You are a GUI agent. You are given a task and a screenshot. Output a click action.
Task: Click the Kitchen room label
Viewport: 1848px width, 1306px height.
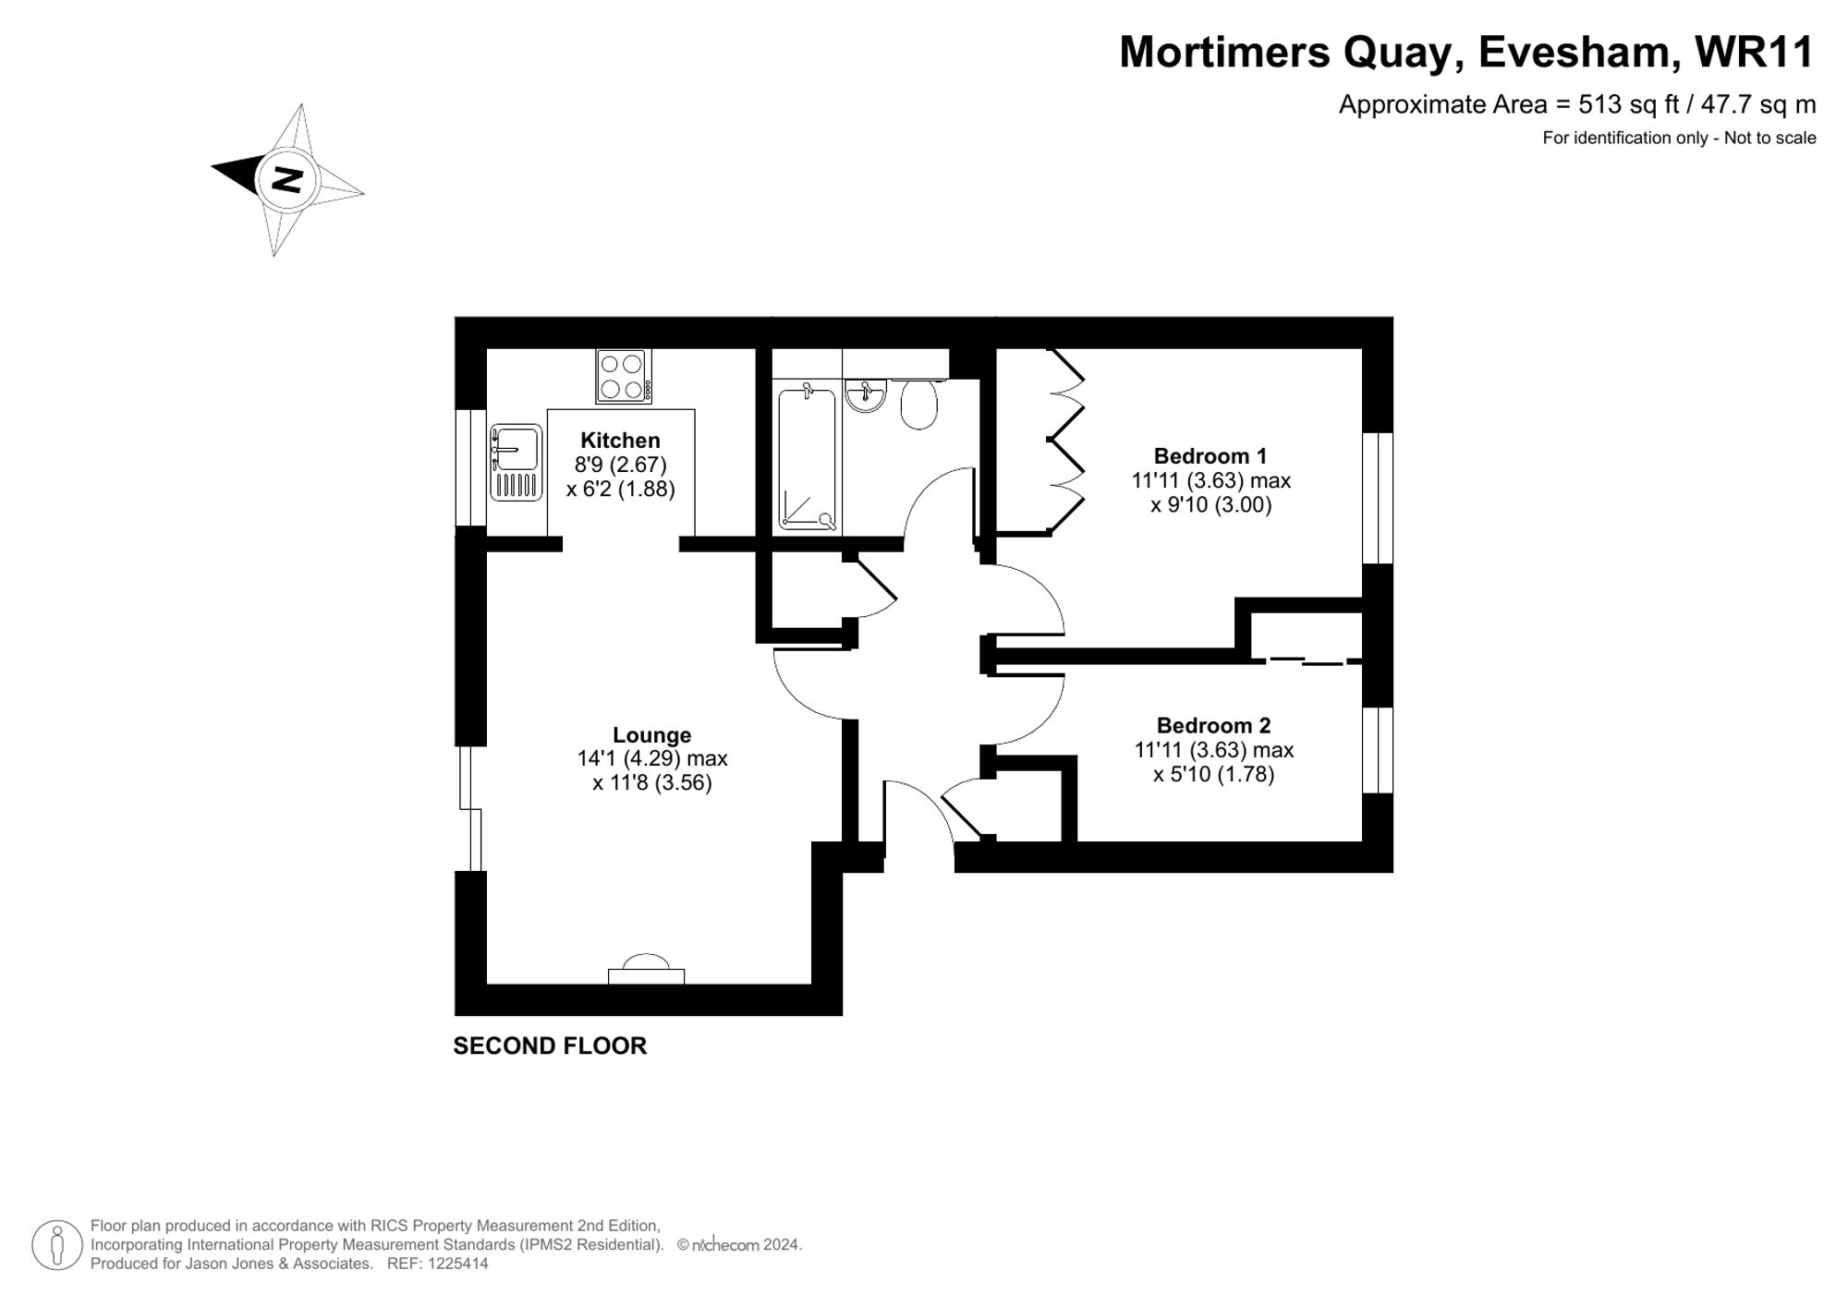click(x=620, y=441)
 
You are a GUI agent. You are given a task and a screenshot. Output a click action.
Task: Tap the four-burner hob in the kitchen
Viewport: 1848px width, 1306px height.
click(x=622, y=376)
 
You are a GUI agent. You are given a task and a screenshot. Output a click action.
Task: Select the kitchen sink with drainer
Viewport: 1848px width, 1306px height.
click(x=516, y=463)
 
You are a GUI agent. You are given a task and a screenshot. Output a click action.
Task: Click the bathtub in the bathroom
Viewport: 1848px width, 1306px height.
click(x=807, y=459)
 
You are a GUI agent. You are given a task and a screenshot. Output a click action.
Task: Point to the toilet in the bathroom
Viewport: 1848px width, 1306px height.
click(x=919, y=404)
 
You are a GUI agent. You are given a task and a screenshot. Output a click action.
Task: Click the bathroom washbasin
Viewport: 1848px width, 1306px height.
click(x=866, y=395)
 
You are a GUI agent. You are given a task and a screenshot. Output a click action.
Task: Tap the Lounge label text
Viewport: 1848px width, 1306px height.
click(x=651, y=735)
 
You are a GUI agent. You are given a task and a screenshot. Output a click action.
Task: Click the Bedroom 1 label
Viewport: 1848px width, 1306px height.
click(x=1210, y=456)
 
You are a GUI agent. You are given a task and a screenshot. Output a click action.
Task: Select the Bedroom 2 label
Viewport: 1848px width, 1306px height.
click(x=1213, y=726)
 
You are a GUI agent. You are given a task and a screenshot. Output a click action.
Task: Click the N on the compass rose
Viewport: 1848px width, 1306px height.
click(x=289, y=179)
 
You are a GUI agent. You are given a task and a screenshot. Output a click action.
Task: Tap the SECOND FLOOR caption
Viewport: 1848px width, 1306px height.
click(x=550, y=1046)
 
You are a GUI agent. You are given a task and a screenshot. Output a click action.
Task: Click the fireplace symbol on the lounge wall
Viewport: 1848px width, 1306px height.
click(x=646, y=971)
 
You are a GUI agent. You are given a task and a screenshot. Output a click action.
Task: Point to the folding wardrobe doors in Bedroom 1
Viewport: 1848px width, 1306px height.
click(x=1065, y=441)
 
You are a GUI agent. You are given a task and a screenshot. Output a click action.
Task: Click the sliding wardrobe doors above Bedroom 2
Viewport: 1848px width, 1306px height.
click(x=1307, y=660)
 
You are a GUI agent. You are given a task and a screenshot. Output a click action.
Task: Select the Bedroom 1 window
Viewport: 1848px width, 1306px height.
click(x=1377, y=498)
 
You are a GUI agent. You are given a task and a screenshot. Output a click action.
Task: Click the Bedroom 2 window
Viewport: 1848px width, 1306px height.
click(x=1377, y=750)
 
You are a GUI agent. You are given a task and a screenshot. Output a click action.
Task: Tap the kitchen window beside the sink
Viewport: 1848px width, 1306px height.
click(x=471, y=467)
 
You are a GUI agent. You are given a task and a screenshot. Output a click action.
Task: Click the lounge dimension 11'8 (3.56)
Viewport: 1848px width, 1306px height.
click(x=651, y=783)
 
